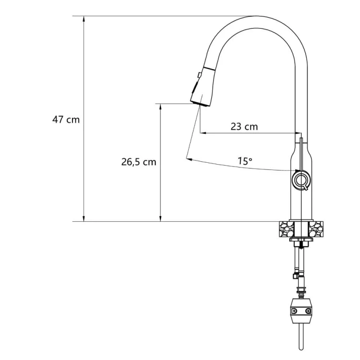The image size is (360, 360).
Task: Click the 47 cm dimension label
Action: (x=66, y=120)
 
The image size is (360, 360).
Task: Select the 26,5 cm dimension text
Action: (x=139, y=162)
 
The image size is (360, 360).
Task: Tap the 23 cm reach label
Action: (x=244, y=127)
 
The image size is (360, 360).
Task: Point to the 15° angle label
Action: (x=245, y=161)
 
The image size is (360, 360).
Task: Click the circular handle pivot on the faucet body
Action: (x=301, y=180)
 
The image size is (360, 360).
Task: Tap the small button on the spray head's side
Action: (x=199, y=75)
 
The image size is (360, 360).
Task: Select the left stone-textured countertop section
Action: (x=286, y=229)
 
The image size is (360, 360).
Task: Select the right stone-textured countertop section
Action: (x=316, y=229)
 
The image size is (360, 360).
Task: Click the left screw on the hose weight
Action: (x=294, y=311)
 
